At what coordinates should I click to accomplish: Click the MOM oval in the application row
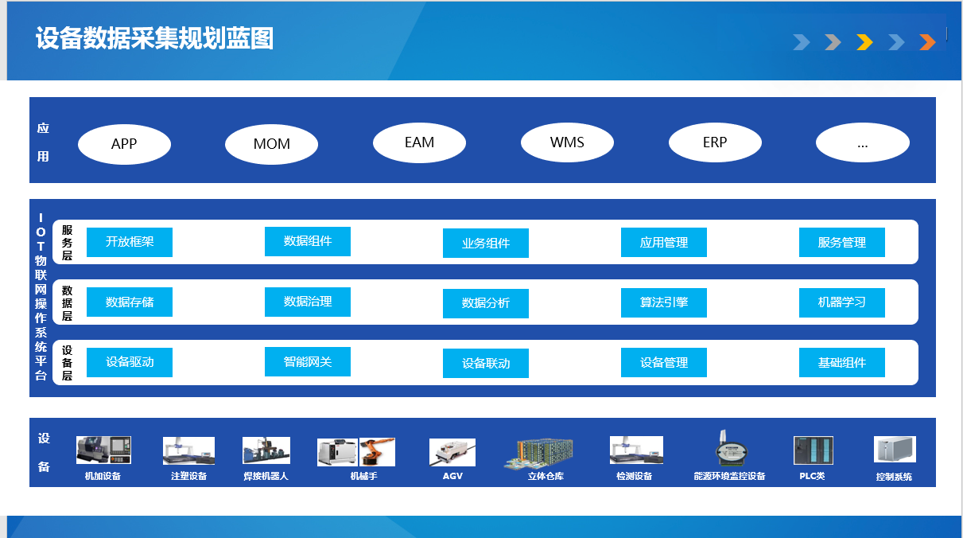271,144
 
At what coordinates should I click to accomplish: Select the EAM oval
419,143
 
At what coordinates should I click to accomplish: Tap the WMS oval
567,142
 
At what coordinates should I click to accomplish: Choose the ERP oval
715,142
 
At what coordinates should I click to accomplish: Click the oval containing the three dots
862,142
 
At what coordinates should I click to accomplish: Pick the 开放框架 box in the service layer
130,242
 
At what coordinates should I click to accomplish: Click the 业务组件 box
486,244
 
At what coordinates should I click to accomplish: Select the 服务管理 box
842,242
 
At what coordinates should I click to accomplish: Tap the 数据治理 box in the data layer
308,302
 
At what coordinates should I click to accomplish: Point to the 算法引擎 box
664,302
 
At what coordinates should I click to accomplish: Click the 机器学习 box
842,302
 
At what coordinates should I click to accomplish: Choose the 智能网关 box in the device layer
308,362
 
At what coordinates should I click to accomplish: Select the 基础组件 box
842,362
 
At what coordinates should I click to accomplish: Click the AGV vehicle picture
452,452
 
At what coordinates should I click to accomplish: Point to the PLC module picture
813,450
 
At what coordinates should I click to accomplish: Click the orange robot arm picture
377,452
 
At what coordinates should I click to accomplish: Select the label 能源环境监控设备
729,476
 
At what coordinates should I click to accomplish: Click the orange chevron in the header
927,42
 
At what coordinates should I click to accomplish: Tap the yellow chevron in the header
864,42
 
